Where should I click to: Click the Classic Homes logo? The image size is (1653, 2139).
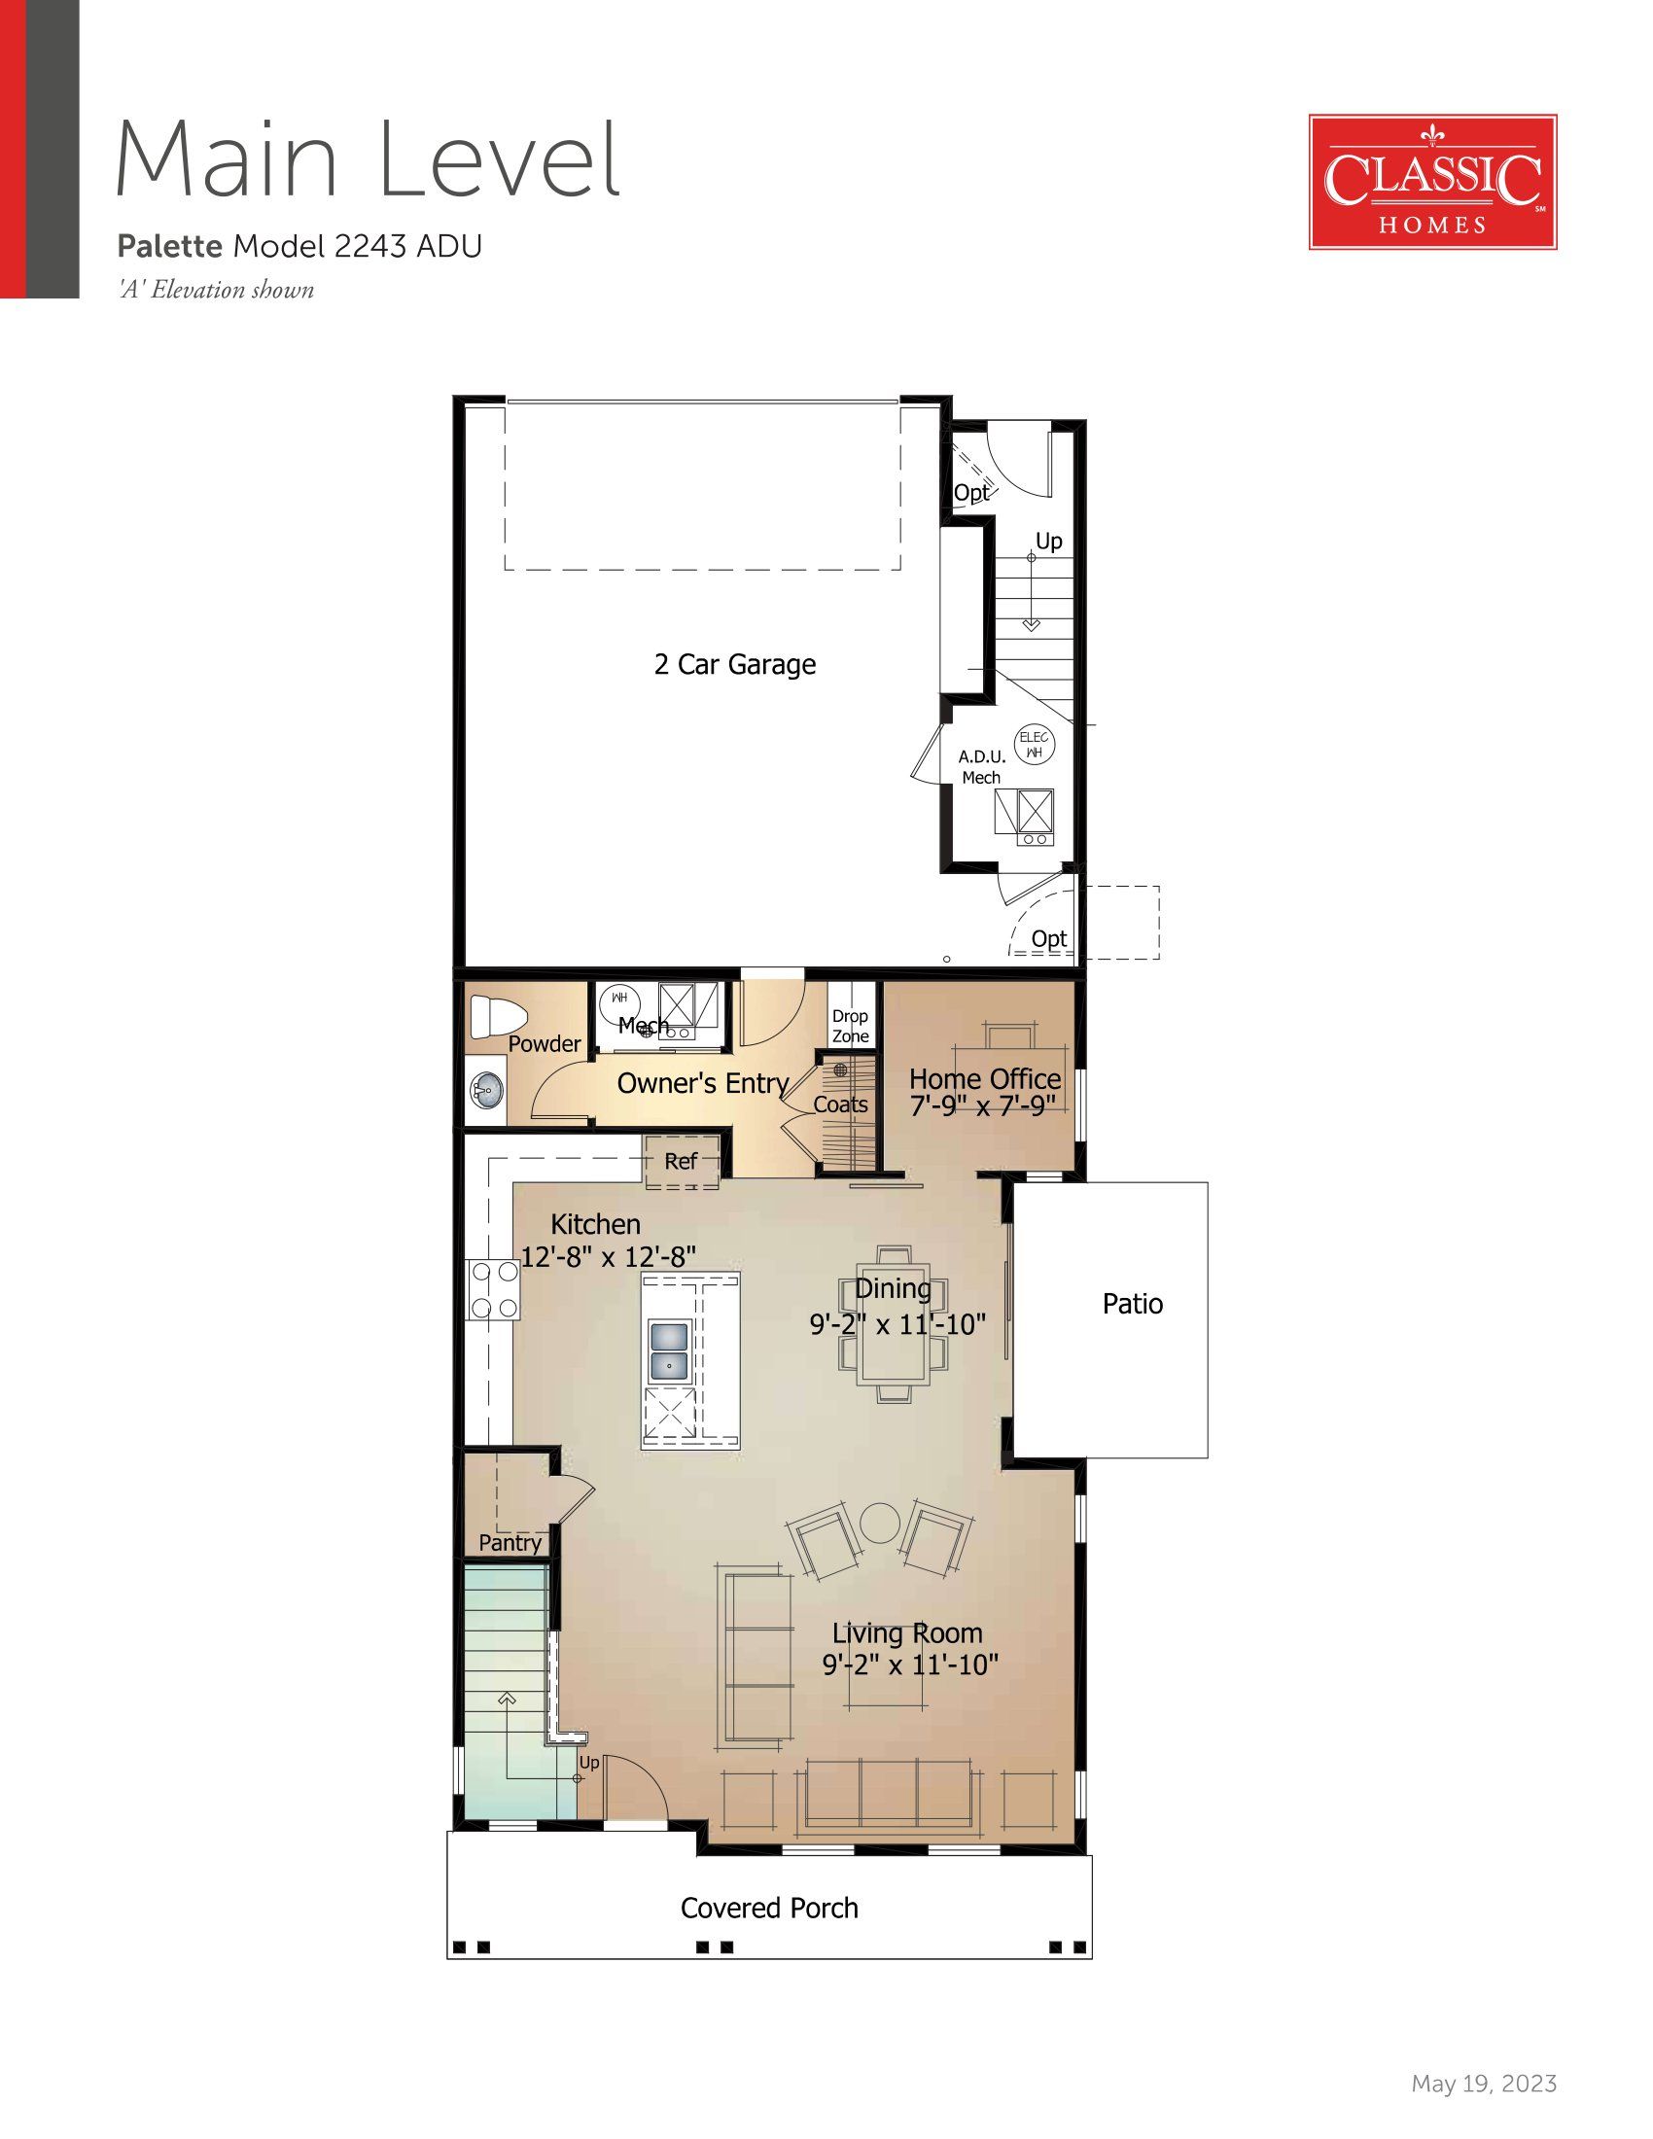[1432, 182]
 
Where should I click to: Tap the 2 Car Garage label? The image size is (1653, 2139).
[734, 664]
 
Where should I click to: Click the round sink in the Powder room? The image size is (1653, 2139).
[487, 1086]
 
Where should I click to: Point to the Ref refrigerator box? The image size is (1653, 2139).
[682, 1162]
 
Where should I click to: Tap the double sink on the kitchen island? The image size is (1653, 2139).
[670, 1350]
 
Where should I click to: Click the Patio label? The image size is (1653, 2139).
[1133, 1304]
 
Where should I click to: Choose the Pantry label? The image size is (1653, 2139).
[510, 1543]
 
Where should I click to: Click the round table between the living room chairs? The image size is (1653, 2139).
[879, 1525]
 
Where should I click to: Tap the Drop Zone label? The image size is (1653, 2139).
[851, 1026]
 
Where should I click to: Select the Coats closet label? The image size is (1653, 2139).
[841, 1105]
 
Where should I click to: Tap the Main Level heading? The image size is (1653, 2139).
[369, 158]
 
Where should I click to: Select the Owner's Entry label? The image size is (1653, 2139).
[703, 1083]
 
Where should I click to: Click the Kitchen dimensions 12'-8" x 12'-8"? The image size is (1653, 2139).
[608, 1256]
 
